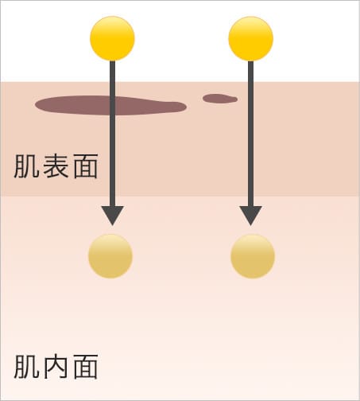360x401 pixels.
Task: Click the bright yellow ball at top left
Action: pyautogui.click(x=112, y=38)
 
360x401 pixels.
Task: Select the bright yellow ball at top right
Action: pyautogui.click(x=251, y=39)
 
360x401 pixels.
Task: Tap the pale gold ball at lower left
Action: pyautogui.click(x=110, y=256)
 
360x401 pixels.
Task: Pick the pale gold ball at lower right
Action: pyautogui.click(x=253, y=256)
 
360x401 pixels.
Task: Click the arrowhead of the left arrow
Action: pyautogui.click(x=113, y=216)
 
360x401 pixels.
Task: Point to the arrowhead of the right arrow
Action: pyautogui.click(x=251, y=216)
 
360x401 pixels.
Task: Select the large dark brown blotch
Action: pyautogui.click(x=110, y=105)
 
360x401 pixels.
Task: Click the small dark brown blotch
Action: pyautogui.click(x=220, y=99)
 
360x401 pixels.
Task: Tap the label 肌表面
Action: pyautogui.click(x=56, y=166)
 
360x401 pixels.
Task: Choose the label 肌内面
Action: pyautogui.click(x=56, y=367)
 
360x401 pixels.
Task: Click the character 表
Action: pyautogui.click(x=56, y=166)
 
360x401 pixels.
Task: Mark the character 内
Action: pyautogui.click(x=56, y=367)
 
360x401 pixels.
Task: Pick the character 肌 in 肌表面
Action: pyautogui.click(x=26, y=166)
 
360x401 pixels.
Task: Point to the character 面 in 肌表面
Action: pyautogui.click(x=86, y=166)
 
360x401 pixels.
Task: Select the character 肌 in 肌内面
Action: pyautogui.click(x=26, y=367)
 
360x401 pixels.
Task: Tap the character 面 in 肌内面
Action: pyautogui.click(x=86, y=367)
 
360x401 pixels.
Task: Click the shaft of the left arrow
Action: pyautogui.click(x=113, y=134)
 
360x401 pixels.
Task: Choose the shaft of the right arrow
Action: pyautogui.click(x=251, y=134)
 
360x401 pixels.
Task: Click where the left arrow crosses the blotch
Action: pyautogui.click(x=113, y=106)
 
